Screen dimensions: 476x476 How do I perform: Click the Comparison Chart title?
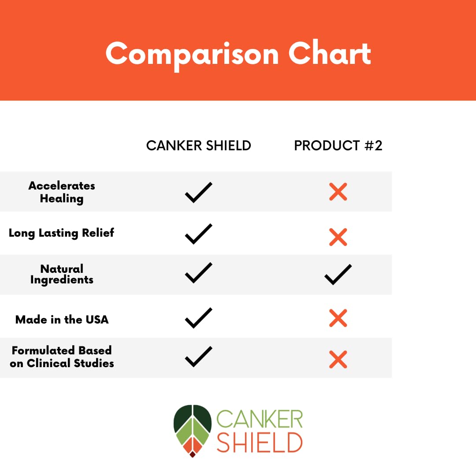[238, 54]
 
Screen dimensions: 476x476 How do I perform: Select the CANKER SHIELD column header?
[198, 145]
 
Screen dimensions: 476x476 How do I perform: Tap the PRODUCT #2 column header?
[338, 145]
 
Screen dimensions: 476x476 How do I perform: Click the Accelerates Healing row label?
[62, 192]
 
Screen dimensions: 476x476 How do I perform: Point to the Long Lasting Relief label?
[61, 233]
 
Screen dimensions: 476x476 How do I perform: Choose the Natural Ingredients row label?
[62, 274]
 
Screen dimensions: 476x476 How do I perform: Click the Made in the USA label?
[62, 319]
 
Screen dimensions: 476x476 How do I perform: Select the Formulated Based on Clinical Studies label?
[62, 357]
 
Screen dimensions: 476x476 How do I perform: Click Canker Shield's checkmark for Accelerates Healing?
[198, 192]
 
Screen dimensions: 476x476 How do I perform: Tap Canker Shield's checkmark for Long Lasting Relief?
[198, 234]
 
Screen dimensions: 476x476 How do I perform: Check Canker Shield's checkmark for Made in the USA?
[198, 318]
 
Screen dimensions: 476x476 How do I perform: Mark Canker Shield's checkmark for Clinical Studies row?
[198, 357]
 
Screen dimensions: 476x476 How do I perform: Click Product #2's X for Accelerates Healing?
[338, 192]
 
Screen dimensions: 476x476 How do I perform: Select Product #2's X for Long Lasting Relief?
[338, 237]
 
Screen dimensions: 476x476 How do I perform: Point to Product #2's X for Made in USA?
[338, 318]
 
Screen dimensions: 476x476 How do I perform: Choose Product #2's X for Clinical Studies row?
[338, 359]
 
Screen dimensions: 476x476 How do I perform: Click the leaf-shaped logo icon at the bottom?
[193, 430]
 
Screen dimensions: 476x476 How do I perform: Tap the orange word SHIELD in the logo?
[260, 442]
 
